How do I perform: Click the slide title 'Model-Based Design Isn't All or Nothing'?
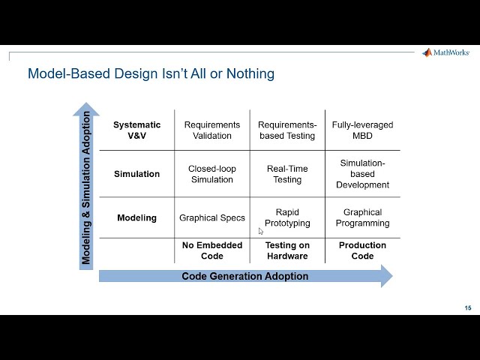(x=151, y=73)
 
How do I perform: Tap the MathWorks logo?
(x=447, y=52)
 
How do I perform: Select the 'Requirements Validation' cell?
(x=212, y=130)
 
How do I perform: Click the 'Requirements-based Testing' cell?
(x=287, y=130)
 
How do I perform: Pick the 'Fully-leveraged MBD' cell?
(x=362, y=130)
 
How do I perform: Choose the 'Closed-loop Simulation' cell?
(x=212, y=174)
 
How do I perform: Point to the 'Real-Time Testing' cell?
(x=287, y=174)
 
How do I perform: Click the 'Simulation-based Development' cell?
(x=362, y=174)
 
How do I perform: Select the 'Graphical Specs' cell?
(x=212, y=218)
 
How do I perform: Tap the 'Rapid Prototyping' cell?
(x=287, y=217)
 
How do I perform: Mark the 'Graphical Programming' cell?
(x=362, y=217)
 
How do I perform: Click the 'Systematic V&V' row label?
(x=136, y=130)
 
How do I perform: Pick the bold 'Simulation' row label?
(x=136, y=174)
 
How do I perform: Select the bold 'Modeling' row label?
(x=136, y=218)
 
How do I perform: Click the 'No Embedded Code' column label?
(x=212, y=250)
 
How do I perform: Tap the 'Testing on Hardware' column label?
(x=287, y=250)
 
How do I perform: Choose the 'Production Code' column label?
(x=362, y=250)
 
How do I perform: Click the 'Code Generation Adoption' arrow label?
(x=244, y=276)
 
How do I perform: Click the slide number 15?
(x=468, y=308)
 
